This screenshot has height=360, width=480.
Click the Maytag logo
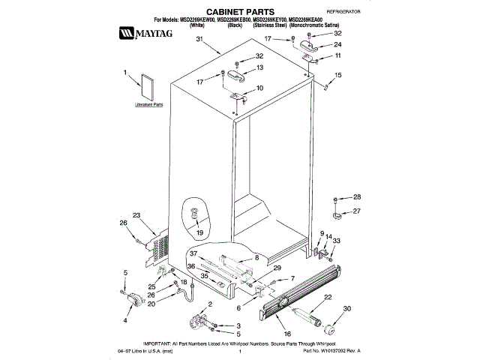(x=143, y=33)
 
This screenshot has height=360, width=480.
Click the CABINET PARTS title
(x=239, y=13)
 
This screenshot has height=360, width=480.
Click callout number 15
(x=337, y=75)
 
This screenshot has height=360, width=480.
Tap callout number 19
(x=199, y=233)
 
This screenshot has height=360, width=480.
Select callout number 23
(x=136, y=215)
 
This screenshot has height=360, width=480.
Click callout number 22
(x=328, y=297)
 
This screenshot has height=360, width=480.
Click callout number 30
(x=346, y=309)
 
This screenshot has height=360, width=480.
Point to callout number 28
(x=357, y=197)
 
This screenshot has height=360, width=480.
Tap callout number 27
(x=357, y=211)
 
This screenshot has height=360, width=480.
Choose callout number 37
(x=192, y=253)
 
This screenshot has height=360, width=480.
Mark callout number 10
(x=259, y=88)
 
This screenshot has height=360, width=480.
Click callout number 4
(x=125, y=320)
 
